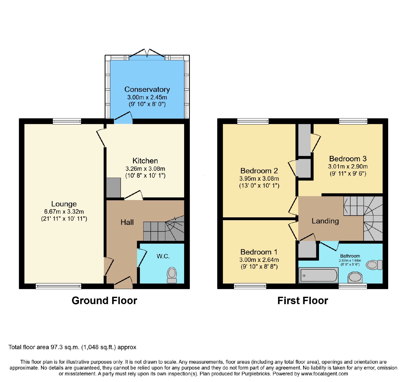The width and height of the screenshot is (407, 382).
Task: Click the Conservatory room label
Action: point(147,89)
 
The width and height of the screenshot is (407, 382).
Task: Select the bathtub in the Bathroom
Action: point(318,275)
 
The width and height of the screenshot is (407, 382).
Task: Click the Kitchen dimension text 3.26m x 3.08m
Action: point(145,169)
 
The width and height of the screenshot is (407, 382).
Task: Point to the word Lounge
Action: point(64,204)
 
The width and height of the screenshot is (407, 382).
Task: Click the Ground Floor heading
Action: point(104,301)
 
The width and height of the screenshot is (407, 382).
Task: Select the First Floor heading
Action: point(303,301)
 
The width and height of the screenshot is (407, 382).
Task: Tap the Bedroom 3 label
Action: point(348,159)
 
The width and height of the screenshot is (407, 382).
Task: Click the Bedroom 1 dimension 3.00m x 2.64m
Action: point(259,260)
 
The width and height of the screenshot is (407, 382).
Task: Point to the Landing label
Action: point(325,221)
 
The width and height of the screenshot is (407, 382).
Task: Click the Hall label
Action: point(127,222)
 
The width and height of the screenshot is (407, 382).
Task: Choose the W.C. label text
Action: point(163,256)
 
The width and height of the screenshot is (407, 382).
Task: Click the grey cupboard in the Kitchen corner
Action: point(113,188)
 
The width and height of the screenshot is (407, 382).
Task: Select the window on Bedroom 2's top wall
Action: point(253,121)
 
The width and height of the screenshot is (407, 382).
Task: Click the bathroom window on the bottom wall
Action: point(353,286)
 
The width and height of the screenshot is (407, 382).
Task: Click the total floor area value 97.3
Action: point(56,347)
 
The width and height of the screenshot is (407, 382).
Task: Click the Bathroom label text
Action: point(350,256)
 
